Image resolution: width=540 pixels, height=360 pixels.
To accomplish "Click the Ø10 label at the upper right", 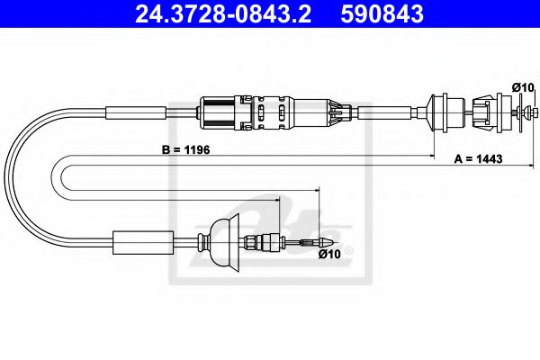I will (520, 86).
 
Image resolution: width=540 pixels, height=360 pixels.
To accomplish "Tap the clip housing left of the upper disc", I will (476, 113).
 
